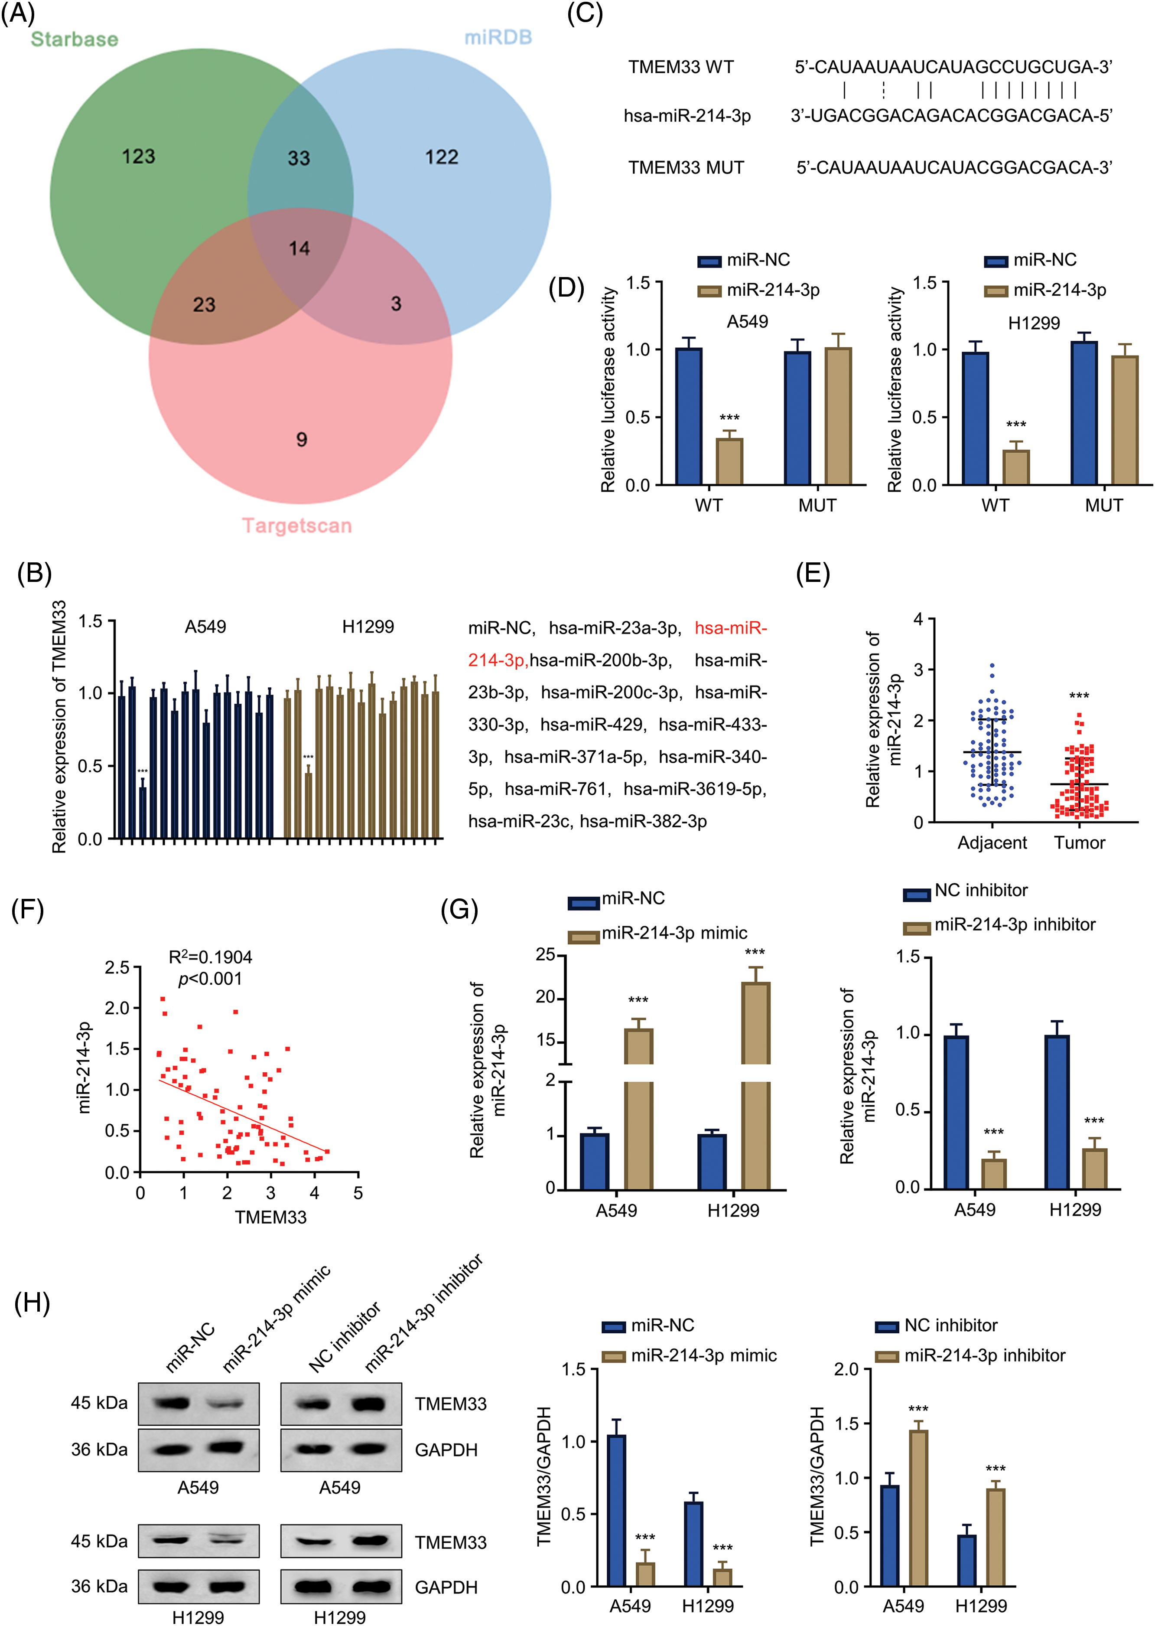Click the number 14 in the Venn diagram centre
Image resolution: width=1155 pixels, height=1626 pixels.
click(x=299, y=248)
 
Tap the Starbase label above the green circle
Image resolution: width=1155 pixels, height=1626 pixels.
click(x=74, y=39)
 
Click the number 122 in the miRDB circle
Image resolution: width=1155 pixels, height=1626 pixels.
click(x=442, y=157)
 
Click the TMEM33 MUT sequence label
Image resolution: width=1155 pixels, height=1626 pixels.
click(x=686, y=168)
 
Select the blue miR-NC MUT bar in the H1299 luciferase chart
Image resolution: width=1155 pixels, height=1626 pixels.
click(x=1084, y=413)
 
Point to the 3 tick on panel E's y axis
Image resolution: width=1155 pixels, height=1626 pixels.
click(x=918, y=669)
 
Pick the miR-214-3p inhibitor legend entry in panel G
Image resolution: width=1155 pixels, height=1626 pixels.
click(x=1014, y=924)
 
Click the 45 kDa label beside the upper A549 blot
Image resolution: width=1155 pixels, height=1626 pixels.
click(x=99, y=1403)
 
